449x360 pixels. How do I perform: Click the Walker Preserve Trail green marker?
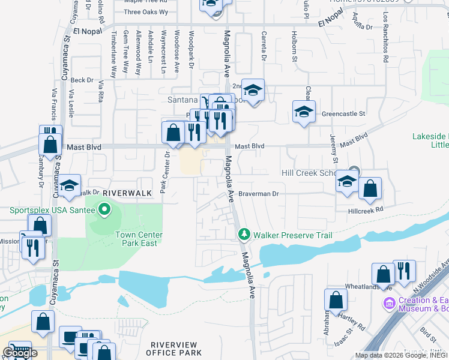point(244,234)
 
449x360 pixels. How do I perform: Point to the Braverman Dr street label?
point(259,194)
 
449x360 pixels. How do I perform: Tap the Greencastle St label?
point(343,113)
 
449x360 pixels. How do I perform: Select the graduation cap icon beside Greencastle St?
point(304,111)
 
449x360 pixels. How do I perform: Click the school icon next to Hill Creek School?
point(347,182)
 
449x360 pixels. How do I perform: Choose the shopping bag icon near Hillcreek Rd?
point(370,188)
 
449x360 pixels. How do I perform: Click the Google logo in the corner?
point(20,352)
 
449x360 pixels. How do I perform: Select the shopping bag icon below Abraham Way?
point(336,299)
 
